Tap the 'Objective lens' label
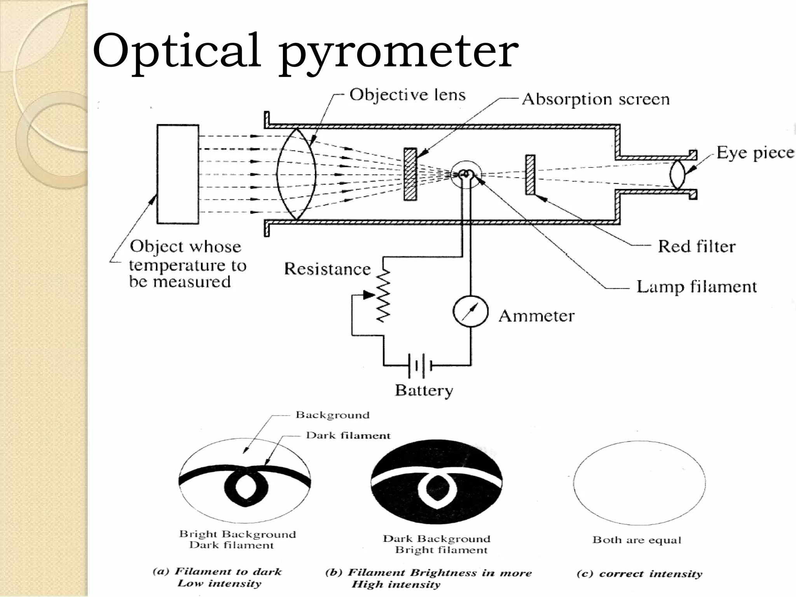coord(407,95)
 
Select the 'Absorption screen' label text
coord(595,99)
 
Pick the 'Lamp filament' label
coord(696,287)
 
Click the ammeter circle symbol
coord(470,312)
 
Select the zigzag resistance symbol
coord(383,295)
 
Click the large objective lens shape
coord(297,174)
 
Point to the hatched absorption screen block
coord(410,174)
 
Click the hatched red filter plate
coord(530,175)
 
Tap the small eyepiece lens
coord(677,175)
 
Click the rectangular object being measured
coord(178,174)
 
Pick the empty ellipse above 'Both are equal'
coord(639,483)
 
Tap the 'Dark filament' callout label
coord(347,435)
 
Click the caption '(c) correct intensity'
coord(639,574)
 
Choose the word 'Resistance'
coord(327,269)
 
